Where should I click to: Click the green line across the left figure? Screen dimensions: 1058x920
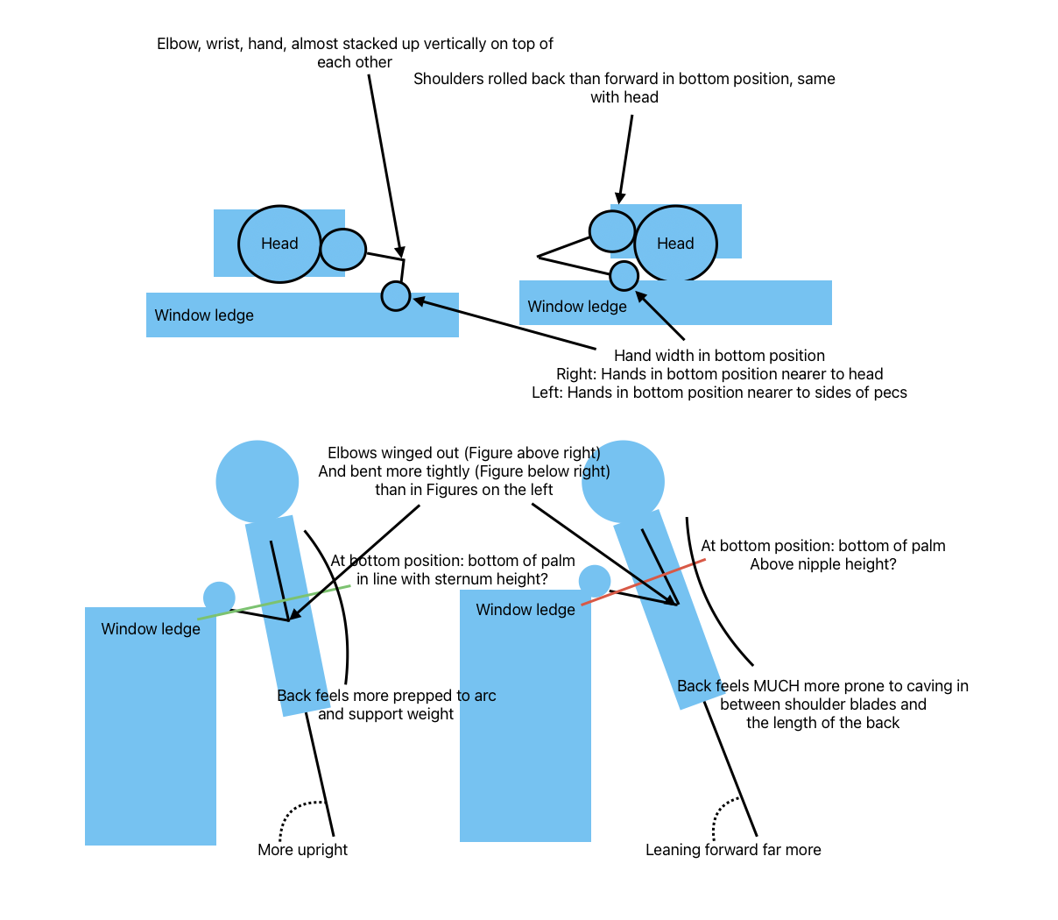click(274, 602)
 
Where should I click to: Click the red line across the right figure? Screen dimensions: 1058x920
click(643, 582)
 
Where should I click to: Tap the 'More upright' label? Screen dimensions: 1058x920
click(302, 850)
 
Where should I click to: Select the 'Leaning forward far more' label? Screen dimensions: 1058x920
click(733, 850)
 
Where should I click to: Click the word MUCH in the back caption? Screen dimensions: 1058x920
click(774, 686)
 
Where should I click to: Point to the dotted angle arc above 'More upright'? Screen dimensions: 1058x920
click(297, 818)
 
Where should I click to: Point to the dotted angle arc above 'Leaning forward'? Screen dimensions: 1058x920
click(724, 818)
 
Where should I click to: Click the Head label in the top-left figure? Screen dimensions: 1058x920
click(279, 243)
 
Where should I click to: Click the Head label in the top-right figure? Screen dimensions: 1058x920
click(675, 243)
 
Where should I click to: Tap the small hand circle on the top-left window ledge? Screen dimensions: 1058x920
click(396, 296)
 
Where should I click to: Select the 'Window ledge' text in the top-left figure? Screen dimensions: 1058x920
click(204, 315)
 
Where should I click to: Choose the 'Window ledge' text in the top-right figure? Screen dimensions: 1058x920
click(577, 306)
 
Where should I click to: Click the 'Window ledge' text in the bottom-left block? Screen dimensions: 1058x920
click(151, 629)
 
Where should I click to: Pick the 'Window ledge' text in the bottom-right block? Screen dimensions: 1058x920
click(525, 610)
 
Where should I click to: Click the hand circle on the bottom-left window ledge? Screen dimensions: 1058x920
click(219, 598)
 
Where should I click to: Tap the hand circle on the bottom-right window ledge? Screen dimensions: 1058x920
click(595, 581)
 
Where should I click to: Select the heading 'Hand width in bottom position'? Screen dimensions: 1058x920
click(719, 355)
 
